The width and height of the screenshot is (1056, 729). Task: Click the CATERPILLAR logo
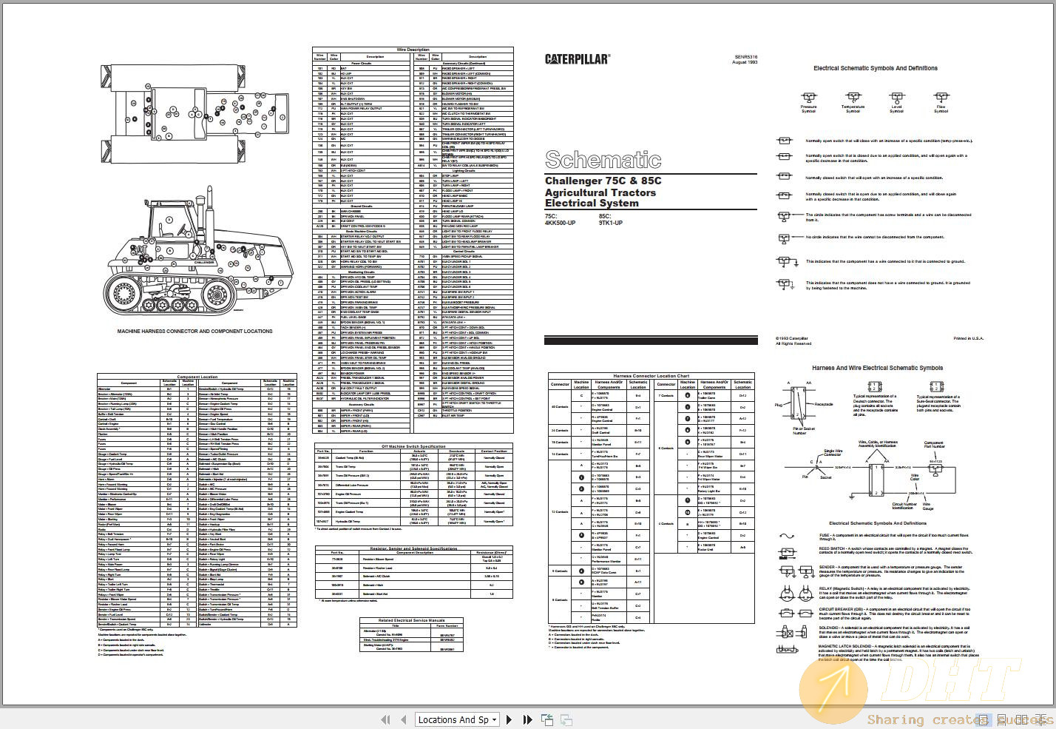click(x=577, y=59)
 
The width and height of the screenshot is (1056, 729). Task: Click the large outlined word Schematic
click(x=603, y=160)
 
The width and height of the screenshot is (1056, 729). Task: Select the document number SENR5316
click(x=745, y=56)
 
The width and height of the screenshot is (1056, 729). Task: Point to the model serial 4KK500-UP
click(x=560, y=223)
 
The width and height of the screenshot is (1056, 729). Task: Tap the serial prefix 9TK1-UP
click(x=610, y=223)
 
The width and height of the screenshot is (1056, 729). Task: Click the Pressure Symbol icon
click(x=808, y=98)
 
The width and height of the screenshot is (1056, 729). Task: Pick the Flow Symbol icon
click(x=941, y=98)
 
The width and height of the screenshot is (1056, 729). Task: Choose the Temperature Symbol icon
click(x=853, y=98)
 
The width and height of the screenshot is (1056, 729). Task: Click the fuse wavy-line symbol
click(x=786, y=536)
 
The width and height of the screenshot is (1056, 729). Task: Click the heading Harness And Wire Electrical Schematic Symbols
click(x=877, y=368)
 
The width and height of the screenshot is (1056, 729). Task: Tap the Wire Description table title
click(x=413, y=50)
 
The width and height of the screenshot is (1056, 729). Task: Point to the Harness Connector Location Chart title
click(x=651, y=376)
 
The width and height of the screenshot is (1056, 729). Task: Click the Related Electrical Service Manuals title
click(x=411, y=620)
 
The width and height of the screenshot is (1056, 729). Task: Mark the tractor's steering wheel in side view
click(x=172, y=221)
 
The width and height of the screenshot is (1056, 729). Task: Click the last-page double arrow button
click(x=527, y=719)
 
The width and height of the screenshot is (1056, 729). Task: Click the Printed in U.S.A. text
click(x=968, y=338)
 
